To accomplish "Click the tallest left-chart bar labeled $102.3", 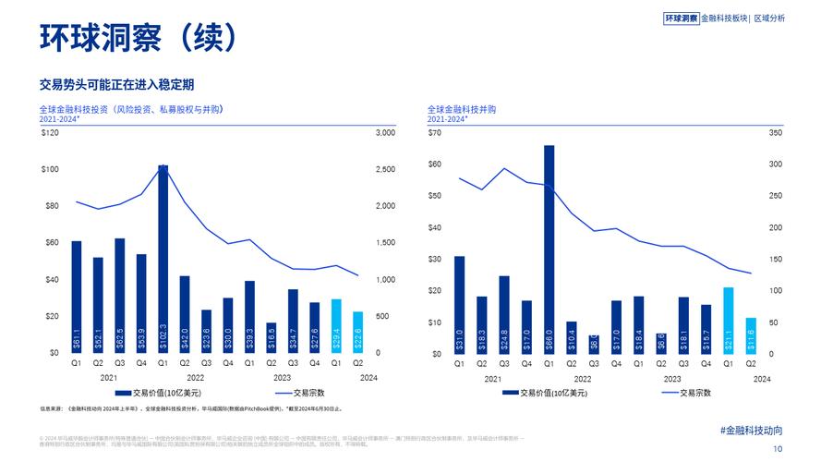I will pyautogui.click(x=163, y=259).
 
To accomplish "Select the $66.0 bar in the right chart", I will pyautogui.click(x=549, y=249).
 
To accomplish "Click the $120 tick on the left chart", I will pyautogui.click(x=50, y=133).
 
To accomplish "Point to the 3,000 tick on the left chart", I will pyautogui.click(x=385, y=133).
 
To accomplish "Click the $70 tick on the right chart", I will pyautogui.click(x=434, y=133).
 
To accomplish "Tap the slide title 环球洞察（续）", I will pyautogui.click(x=139, y=37).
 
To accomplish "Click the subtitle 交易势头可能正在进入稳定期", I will pyautogui.click(x=116, y=84).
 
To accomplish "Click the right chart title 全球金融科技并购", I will pyautogui.click(x=462, y=109).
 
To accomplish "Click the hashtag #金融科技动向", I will pyautogui.click(x=751, y=431).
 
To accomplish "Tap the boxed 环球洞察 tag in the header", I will pyautogui.click(x=682, y=18).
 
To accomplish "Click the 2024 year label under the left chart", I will pyautogui.click(x=369, y=378).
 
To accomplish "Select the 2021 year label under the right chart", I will pyautogui.click(x=492, y=378).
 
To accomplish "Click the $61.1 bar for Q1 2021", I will pyautogui.click(x=77, y=297).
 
